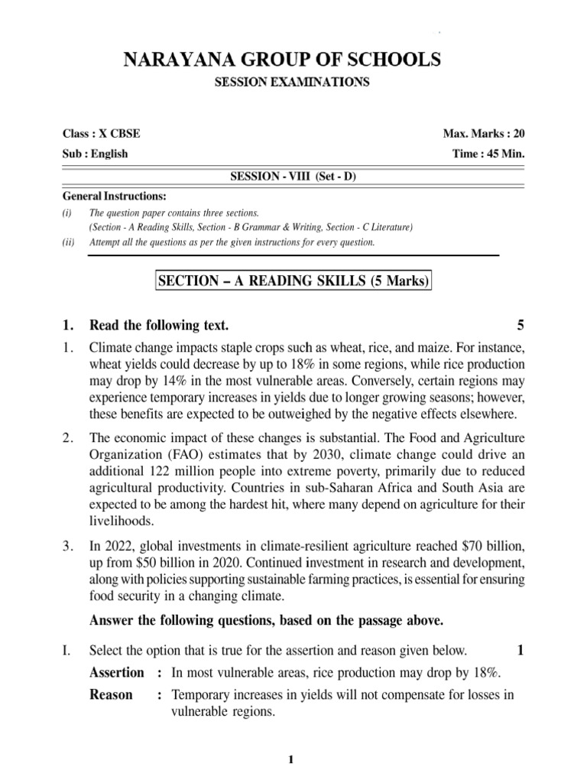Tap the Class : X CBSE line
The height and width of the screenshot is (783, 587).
pyautogui.click(x=101, y=133)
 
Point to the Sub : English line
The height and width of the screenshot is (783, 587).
pyautogui.click(x=95, y=153)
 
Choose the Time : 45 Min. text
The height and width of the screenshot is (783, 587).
pyautogui.click(x=489, y=153)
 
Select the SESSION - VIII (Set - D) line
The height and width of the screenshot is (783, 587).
pyautogui.click(x=293, y=176)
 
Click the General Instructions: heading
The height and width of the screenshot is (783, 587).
pyautogui.click(x=114, y=196)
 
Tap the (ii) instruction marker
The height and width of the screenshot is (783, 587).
pyautogui.click(x=68, y=242)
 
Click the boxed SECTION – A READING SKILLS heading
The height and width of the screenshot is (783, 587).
pyautogui.click(x=293, y=281)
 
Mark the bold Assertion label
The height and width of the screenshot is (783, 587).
pyautogui.click(x=116, y=672)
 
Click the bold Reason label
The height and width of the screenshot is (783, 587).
pyautogui.click(x=111, y=694)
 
